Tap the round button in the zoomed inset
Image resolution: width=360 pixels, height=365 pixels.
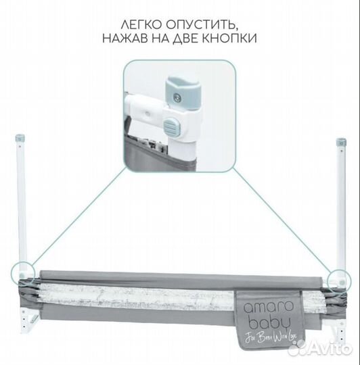point(171,126)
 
